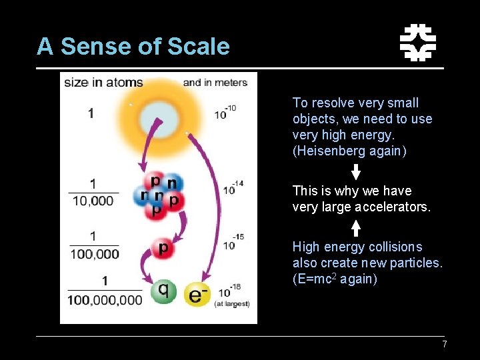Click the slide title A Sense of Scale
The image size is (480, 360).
point(133,47)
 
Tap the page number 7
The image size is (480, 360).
point(444,344)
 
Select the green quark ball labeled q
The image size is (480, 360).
point(163,291)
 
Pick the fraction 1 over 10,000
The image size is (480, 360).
point(93,191)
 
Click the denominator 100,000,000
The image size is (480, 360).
point(105,300)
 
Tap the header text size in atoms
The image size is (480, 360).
point(103,83)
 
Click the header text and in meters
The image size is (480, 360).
point(215,83)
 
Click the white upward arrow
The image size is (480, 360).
point(356,227)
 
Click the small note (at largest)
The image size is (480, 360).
point(231,303)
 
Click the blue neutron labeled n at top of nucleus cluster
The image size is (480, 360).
point(172,183)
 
